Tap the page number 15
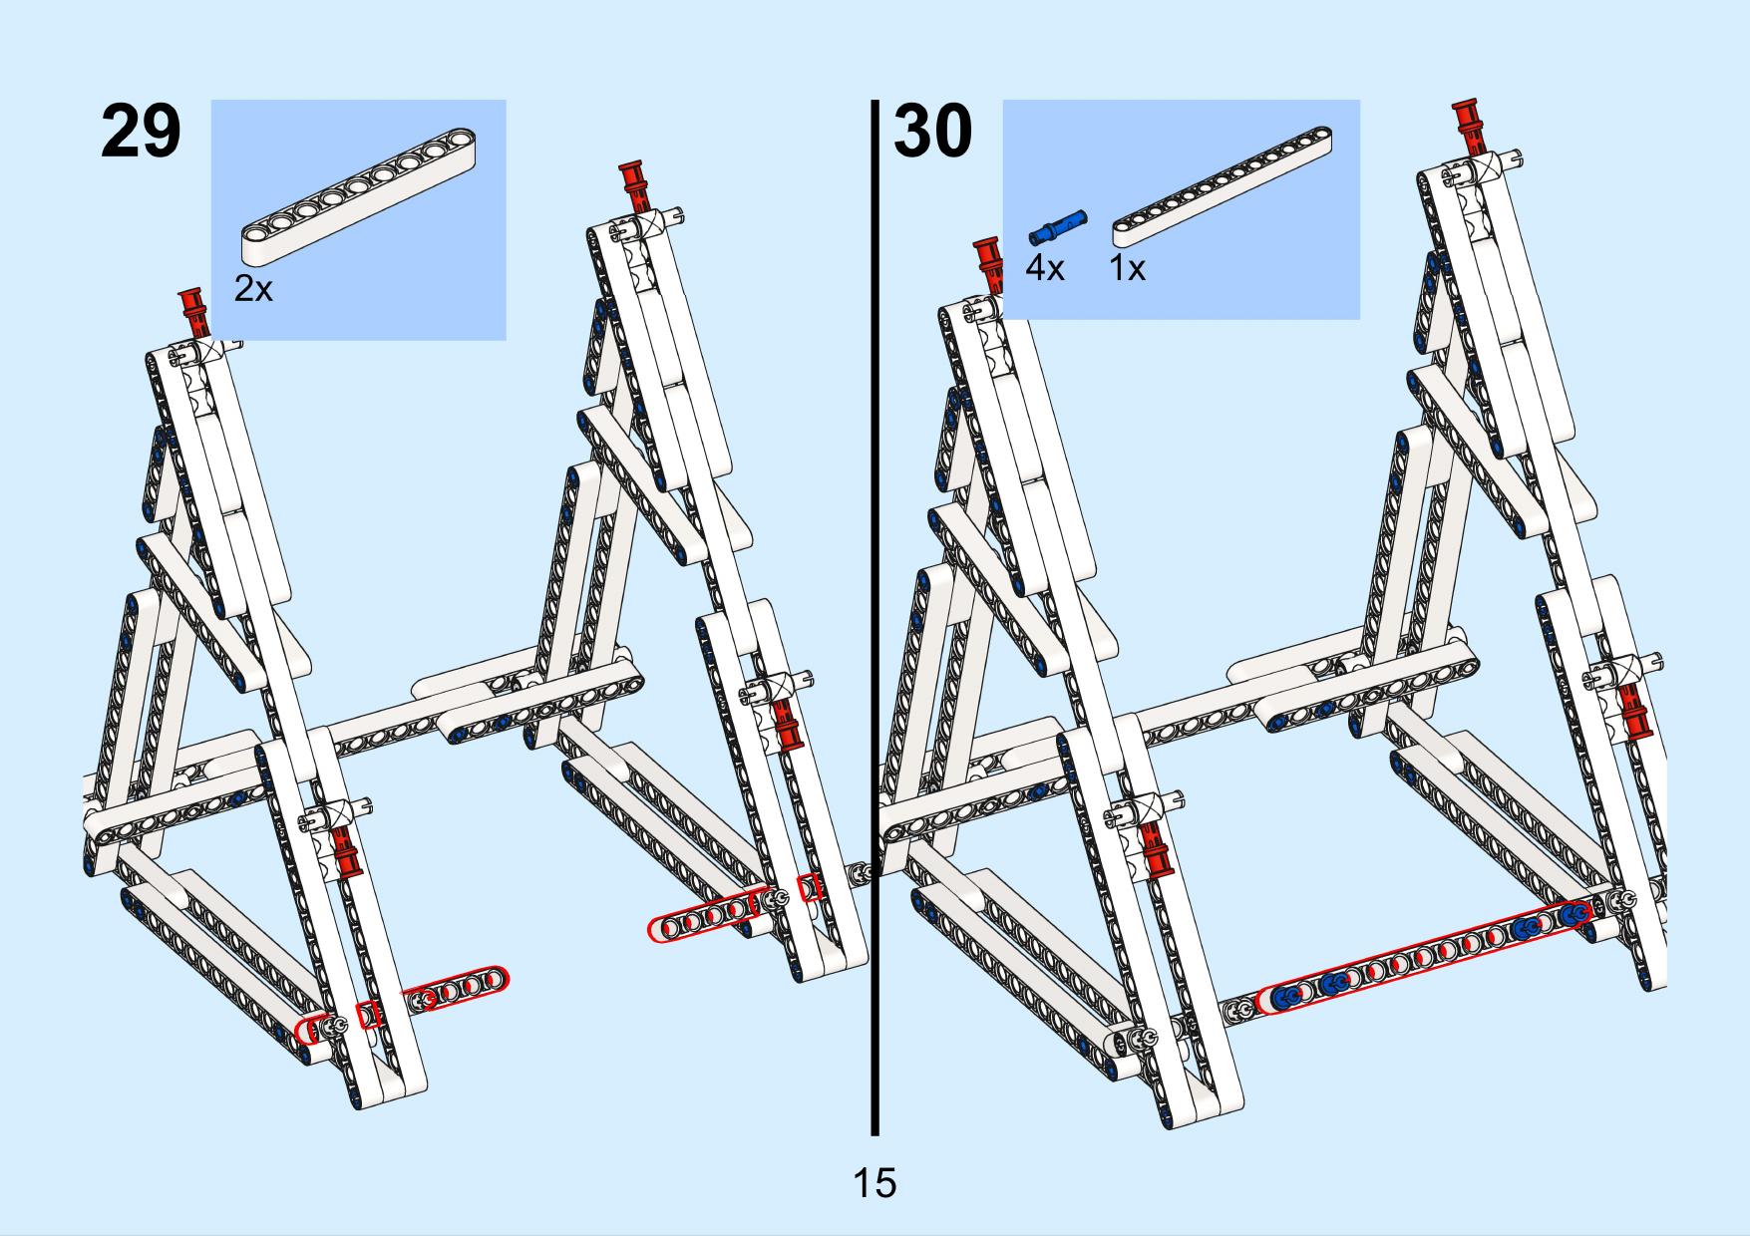(875, 1183)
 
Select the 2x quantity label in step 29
(253, 289)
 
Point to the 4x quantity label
(1045, 267)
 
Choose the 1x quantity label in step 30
(1128, 267)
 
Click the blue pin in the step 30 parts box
(1058, 226)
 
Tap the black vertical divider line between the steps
(875, 617)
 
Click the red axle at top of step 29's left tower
(192, 314)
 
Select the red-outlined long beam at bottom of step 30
(1425, 956)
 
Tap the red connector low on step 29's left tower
(345, 850)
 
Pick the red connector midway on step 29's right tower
(787, 724)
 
